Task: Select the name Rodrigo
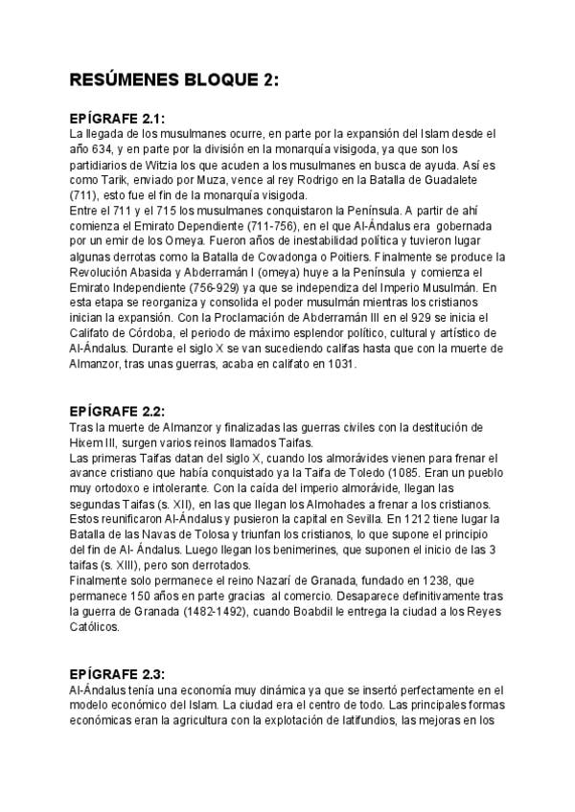click(317, 179)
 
